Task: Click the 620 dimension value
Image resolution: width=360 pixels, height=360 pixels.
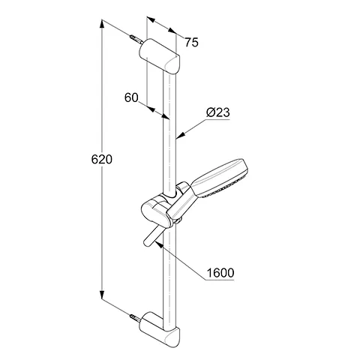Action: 102,159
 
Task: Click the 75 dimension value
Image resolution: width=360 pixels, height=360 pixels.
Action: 191,43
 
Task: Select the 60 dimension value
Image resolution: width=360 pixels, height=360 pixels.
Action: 131,97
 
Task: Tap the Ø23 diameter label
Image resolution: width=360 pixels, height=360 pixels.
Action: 218,112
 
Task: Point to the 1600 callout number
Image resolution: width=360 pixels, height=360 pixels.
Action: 220,273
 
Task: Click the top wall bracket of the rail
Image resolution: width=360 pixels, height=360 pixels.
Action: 160,56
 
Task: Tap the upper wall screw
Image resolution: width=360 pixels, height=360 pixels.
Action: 136,40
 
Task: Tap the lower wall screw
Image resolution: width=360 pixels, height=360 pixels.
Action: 136,319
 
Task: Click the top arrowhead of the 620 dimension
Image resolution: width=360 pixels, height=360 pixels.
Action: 101,25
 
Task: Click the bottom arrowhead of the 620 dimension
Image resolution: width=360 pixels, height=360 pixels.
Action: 101,295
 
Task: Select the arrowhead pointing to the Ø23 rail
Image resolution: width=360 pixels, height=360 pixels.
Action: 181,135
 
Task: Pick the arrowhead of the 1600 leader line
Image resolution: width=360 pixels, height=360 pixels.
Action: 160,244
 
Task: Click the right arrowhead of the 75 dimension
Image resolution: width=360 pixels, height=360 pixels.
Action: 172,31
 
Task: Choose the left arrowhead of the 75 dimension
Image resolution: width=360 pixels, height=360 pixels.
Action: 151,19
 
